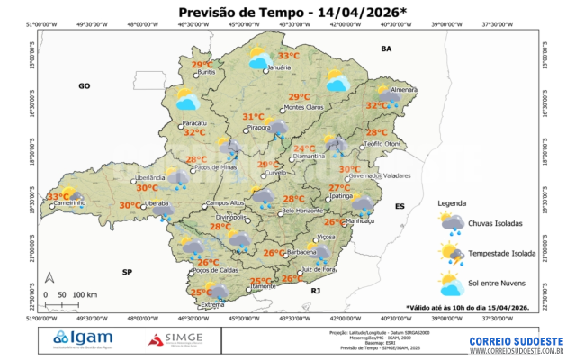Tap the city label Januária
[282, 68]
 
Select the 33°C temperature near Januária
[288, 56]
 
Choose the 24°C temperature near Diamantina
[305, 148]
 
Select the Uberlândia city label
[149, 178]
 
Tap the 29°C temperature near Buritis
[202, 65]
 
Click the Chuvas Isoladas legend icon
[452, 223]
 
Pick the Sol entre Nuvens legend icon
[452, 285]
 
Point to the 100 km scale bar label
[85, 294]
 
